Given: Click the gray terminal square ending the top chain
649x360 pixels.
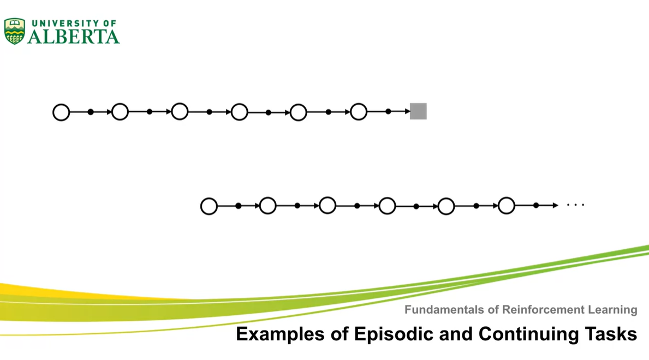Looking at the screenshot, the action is pyautogui.click(x=418, y=111).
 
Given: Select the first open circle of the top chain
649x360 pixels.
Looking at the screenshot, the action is pyautogui.click(x=61, y=112).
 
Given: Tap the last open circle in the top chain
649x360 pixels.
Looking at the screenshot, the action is pyautogui.click(x=358, y=112).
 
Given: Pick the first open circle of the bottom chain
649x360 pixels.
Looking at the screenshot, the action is pyautogui.click(x=209, y=206).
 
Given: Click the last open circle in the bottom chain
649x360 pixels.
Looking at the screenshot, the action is pyautogui.click(x=507, y=206).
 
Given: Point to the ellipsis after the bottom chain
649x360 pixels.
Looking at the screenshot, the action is pyautogui.click(x=575, y=206).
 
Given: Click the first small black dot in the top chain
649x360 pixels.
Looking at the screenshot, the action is pyautogui.click(x=91, y=112).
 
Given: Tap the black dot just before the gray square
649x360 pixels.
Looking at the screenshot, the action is pyautogui.click(x=388, y=112).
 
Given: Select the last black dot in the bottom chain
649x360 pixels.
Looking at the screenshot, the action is pyautogui.click(x=536, y=206).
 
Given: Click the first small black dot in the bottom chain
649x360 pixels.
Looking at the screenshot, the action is pyautogui.click(x=239, y=206).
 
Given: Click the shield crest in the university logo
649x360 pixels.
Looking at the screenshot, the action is pyautogui.click(x=14, y=31).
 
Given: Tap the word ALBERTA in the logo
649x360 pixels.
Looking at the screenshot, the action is pyautogui.click(x=73, y=37).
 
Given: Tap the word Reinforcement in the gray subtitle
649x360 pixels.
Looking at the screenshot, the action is pyautogui.click(x=536, y=310).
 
